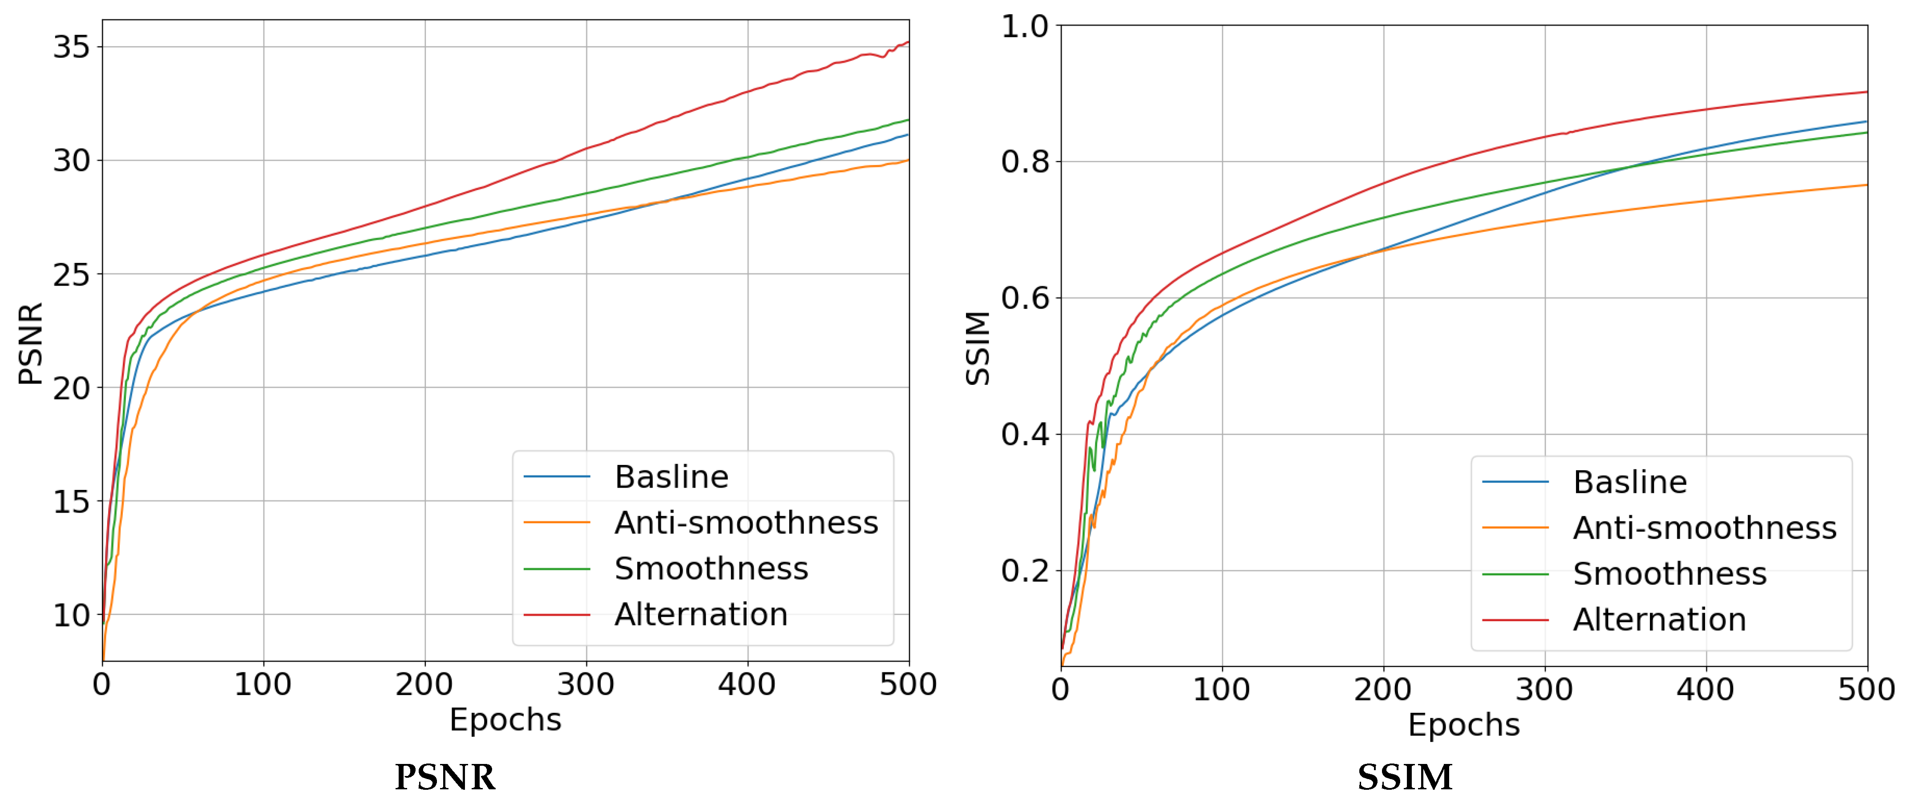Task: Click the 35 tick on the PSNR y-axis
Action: tap(71, 47)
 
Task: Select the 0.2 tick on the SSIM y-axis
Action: tap(1025, 571)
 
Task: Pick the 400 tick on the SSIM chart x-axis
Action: tap(1705, 690)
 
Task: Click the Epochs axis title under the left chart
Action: tap(505, 719)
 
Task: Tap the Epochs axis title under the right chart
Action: tap(1463, 725)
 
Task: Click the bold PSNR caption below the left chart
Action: tap(445, 777)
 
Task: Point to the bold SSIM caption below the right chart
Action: tap(1404, 777)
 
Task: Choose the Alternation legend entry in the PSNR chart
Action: tap(700, 614)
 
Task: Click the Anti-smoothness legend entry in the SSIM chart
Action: tap(1704, 528)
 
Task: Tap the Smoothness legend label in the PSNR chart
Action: tap(711, 569)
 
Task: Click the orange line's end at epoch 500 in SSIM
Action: tap(1866, 185)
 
